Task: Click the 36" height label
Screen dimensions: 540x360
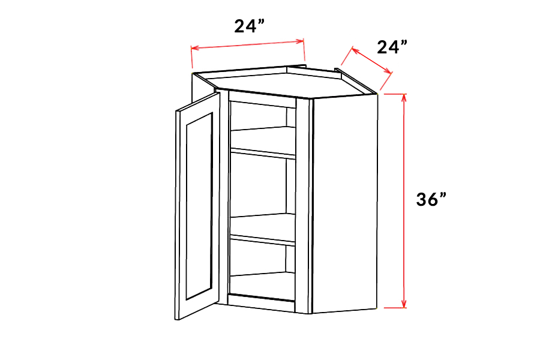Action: [x=431, y=199]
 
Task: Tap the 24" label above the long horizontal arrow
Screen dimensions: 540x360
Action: [x=250, y=26]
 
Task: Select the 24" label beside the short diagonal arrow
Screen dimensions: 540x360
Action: [x=392, y=47]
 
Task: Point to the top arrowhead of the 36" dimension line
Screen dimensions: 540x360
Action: [x=404, y=97]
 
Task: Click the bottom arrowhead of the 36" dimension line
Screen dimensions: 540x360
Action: [x=404, y=304]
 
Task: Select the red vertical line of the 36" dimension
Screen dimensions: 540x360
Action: [x=404, y=200]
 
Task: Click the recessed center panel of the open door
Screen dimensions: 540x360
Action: [x=199, y=206]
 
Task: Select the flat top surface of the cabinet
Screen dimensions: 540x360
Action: [x=289, y=83]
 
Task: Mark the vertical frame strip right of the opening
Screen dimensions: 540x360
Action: [x=302, y=206]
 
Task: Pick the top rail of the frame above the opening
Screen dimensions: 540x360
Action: [x=262, y=100]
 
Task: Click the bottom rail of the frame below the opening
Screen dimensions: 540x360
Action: [x=261, y=304]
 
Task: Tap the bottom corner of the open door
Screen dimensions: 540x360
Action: [x=176, y=320]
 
